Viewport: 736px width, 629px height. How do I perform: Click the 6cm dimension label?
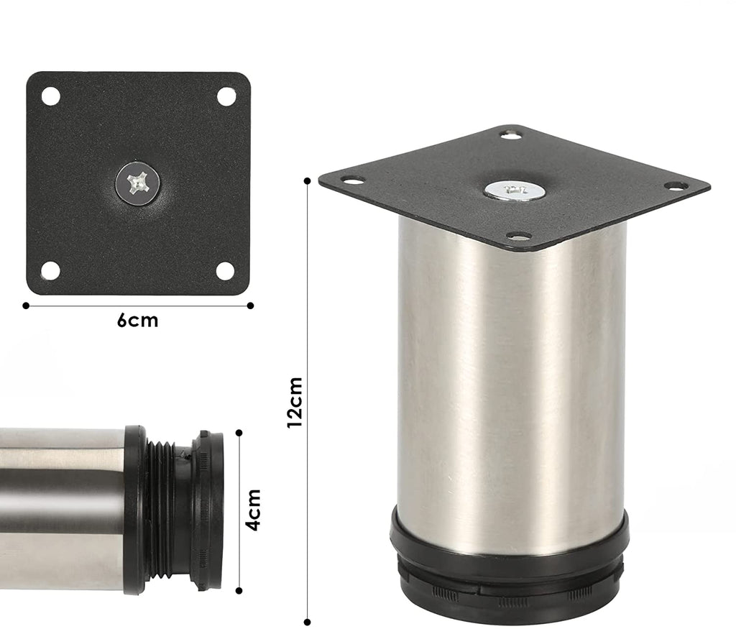137,321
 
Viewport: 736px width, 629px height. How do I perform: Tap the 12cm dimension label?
295,403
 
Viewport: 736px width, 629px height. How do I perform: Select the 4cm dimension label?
254,510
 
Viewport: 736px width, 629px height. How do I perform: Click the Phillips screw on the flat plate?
138,183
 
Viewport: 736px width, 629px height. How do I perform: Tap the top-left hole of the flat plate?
51,96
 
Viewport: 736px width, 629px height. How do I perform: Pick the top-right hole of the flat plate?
226,96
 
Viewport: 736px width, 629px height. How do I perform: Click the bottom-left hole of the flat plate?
50,271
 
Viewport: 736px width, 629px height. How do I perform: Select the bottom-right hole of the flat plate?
225,271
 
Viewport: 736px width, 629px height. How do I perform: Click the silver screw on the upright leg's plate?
514,191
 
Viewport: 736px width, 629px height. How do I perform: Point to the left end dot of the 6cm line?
26,306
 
